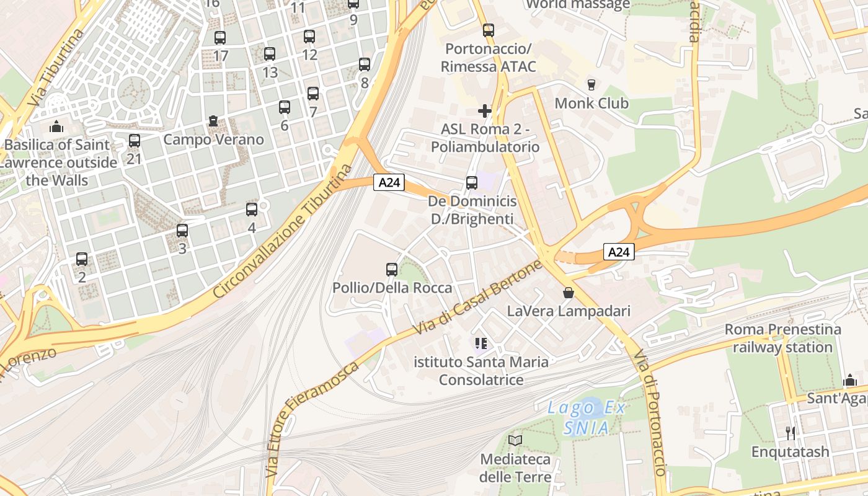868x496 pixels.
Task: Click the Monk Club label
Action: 591,103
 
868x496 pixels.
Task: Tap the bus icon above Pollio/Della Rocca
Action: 392,270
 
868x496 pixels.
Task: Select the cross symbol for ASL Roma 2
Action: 485,111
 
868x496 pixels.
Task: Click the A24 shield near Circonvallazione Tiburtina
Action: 389,182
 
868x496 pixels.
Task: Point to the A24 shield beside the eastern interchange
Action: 619,252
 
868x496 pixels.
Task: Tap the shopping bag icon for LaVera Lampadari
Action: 569,293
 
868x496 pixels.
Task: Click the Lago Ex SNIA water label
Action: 587,417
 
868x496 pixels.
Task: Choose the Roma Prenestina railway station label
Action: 782,338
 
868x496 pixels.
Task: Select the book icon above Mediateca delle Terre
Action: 515,440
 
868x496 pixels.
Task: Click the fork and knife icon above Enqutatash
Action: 790,433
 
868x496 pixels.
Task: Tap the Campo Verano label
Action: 213,139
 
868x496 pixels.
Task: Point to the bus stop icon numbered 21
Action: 135,141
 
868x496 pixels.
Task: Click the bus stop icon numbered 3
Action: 182,231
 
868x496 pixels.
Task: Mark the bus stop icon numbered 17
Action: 220,38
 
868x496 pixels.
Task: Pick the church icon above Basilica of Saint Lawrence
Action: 57,126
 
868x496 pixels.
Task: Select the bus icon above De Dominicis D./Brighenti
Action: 472,183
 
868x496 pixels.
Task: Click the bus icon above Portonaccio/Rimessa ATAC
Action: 489,30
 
